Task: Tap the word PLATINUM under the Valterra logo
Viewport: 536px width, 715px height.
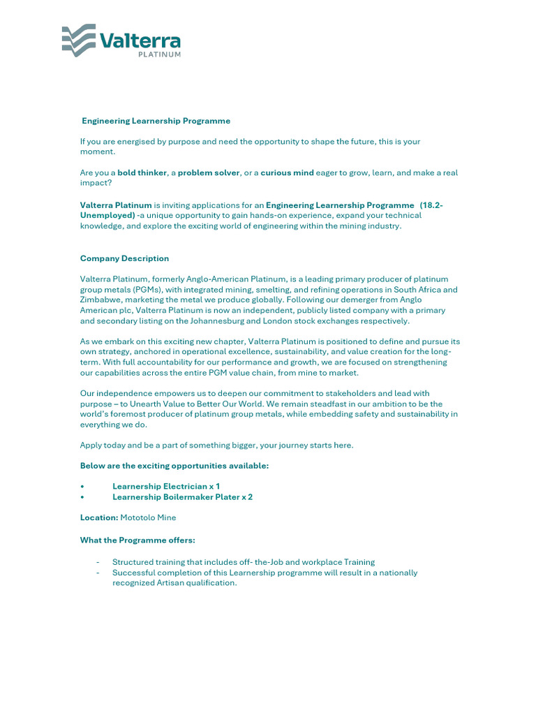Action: point(159,54)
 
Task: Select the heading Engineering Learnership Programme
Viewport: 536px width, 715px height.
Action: point(156,121)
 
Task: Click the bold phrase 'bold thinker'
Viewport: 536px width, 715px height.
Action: point(142,172)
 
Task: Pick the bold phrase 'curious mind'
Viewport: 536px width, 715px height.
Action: point(287,172)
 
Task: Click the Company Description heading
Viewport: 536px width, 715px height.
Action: point(124,258)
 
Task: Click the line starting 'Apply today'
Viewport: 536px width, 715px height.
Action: point(216,445)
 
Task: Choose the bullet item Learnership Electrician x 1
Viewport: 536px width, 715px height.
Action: point(166,486)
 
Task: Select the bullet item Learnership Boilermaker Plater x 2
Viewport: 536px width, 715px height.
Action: point(182,497)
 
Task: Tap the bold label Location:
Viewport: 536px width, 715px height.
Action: point(99,517)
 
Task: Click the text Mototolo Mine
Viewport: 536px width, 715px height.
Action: point(148,517)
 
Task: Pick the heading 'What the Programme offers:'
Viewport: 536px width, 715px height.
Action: point(137,540)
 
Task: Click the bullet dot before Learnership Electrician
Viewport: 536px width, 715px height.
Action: point(82,486)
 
